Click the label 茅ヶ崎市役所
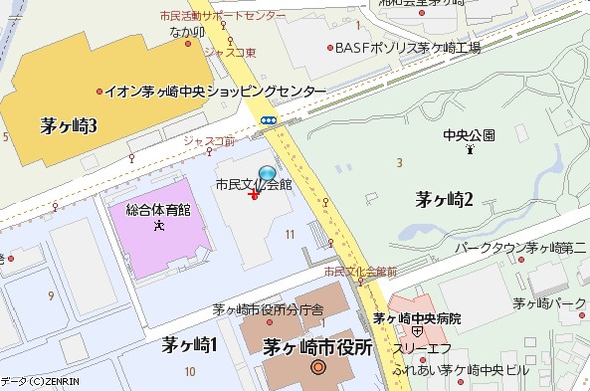pos(316,347)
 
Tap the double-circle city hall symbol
pos(318,368)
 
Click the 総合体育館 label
pos(158,210)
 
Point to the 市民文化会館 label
pos(254,185)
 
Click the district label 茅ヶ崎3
pos(69,126)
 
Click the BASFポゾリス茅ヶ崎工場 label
pos(407,48)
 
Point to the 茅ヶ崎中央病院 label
pos(417,318)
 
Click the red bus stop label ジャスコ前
pos(209,141)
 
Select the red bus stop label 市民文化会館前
pos(360,271)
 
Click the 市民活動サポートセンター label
pos(222,17)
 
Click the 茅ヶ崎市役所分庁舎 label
pos(268,309)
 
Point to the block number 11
pos(290,234)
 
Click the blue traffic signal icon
pos(269,120)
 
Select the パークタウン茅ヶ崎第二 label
pos(521,246)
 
